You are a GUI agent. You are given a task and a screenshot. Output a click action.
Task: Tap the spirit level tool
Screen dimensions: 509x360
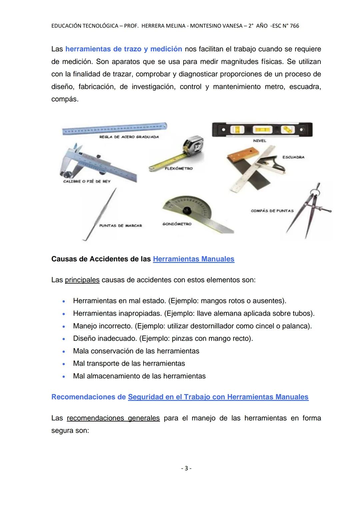262,129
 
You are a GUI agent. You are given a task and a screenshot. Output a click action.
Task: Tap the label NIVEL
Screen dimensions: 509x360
260,141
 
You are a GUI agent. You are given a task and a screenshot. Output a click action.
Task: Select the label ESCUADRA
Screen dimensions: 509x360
293,157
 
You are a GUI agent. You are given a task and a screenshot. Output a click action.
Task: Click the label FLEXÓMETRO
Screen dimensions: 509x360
179,169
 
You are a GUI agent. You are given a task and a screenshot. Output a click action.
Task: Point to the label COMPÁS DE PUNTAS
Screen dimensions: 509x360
272,211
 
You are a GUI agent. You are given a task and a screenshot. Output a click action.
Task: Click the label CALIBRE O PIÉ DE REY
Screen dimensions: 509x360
87,181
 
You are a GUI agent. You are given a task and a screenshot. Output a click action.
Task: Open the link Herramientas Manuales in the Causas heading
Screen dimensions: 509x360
193,259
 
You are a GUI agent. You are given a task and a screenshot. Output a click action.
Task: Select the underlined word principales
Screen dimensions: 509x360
82,280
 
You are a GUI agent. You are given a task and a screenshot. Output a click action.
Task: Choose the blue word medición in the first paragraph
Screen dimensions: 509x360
166,49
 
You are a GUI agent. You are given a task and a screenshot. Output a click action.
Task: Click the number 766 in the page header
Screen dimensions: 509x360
294,26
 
